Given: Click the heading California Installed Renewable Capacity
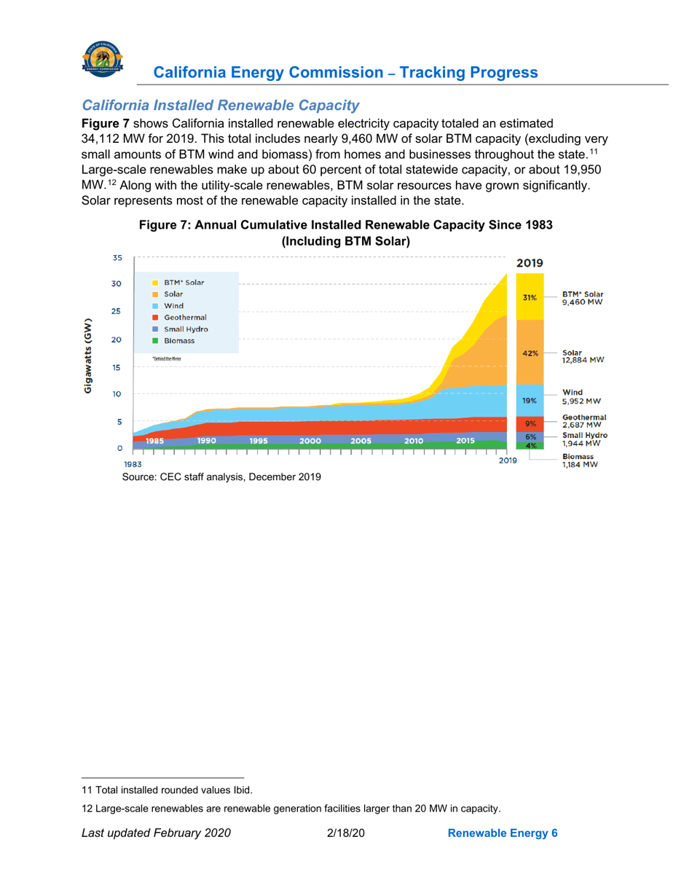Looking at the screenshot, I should click(x=221, y=106).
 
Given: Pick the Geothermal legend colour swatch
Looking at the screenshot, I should click(x=156, y=318).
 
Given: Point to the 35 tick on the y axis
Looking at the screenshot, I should click(x=117, y=257).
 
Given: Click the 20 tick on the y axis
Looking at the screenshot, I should click(x=117, y=340).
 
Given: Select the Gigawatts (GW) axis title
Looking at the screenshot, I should click(x=87, y=356).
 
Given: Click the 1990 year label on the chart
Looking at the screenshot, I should click(x=206, y=441).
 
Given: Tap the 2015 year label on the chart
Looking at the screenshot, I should click(x=465, y=441).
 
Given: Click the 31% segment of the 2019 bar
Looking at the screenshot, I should click(x=530, y=296).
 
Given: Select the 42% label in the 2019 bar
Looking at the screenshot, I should click(x=530, y=353).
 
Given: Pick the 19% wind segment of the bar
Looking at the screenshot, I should click(x=530, y=400).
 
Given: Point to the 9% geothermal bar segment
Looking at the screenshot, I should click(x=530, y=423).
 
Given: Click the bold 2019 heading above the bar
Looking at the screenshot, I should click(x=530, y=263).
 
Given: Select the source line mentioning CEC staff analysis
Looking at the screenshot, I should click(x=216, y=477).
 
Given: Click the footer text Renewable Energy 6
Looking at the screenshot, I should click(x=502, y=833).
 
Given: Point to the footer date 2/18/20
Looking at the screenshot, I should click(x=346, y=833).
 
